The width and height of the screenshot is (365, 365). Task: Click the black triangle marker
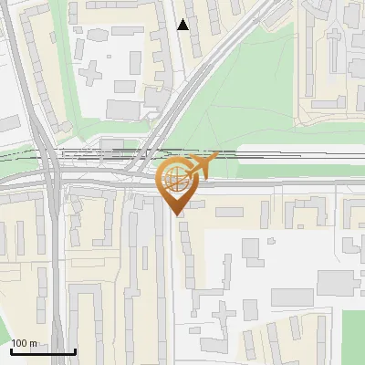183,25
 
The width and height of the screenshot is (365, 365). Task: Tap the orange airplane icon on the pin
201,164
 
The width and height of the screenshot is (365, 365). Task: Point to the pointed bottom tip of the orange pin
175,215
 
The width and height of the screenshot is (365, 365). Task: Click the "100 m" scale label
24,343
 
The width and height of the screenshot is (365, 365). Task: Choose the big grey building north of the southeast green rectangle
292,297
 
